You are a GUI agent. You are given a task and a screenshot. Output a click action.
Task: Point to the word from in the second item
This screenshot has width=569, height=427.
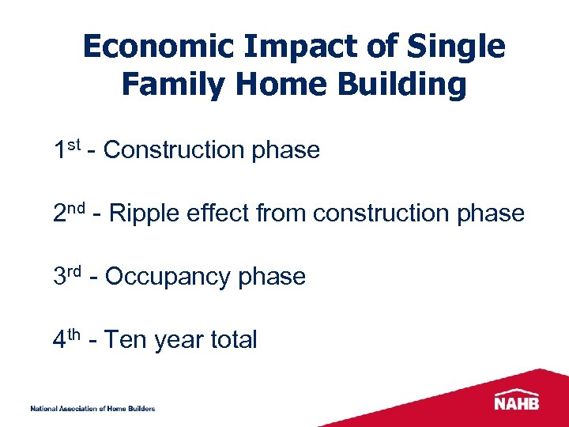click(282, 213)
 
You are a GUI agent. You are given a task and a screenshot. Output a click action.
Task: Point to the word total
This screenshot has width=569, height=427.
click(233, 340)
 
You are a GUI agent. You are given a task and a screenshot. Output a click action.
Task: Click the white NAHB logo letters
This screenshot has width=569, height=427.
click(517, 402)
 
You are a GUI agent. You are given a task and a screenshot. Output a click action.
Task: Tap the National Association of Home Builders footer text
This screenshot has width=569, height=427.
click(92, 409)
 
